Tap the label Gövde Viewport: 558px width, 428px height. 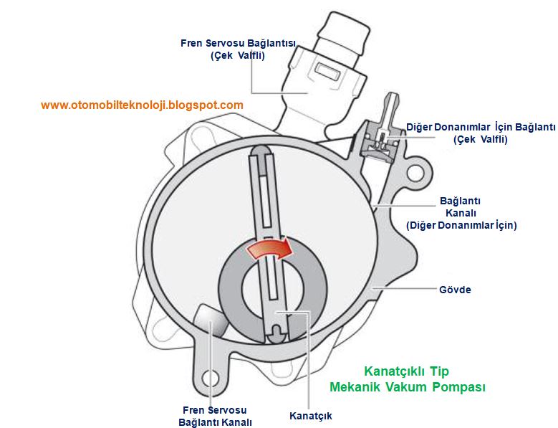click(x=454, y=290)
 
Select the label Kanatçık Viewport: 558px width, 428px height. click(x=310, y=416)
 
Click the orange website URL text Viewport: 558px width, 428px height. click(x=142, y=105)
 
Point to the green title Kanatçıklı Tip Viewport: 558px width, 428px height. click(x=406, y=371)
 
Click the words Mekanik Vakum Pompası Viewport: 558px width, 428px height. click(x=408, y=387)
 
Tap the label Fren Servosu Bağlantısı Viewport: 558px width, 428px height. click(x=238, y=43)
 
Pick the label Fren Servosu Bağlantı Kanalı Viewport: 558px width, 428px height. click(x=214, y=417)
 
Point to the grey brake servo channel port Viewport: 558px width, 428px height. click(x=209, y=320)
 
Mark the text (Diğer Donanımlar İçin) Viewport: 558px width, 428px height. click(x=461, y=225)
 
